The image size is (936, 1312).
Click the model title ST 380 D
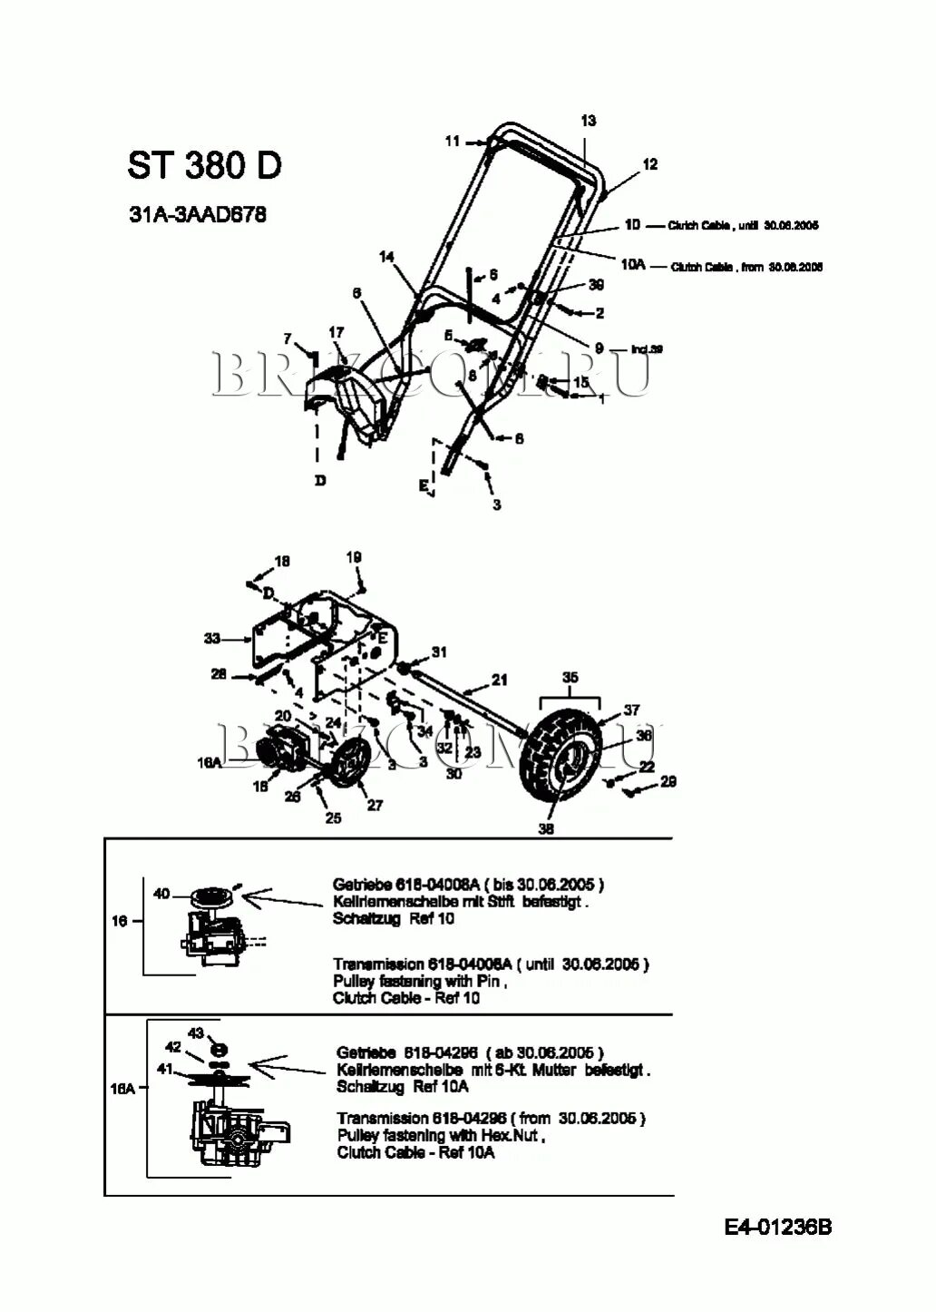(x=204, y=165)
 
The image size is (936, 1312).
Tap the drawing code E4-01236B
(x=777, y=1227)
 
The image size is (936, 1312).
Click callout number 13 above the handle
(x=588, y=121)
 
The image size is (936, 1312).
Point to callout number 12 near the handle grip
(x=649, y=164)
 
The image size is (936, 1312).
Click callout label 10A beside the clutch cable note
(x=633, y=264)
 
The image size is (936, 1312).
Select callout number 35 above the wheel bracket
(x=570, y=677)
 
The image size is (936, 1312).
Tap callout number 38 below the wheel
(x=546, y=828)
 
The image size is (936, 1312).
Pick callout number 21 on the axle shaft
(x=499, y=679)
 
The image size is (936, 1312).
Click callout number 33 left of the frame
(x=212, y=639)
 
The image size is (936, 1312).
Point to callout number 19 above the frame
(x=354, y=556)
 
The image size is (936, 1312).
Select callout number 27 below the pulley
(x=375, y=805)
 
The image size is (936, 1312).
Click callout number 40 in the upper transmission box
(x=161, y=894)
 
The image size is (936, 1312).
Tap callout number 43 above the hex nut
(x=195, y=1033)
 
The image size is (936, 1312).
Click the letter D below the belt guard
(x=320, y=480)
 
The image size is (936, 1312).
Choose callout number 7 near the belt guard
(x=288, y=338)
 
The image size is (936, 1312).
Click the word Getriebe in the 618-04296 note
(x=366, y=1053)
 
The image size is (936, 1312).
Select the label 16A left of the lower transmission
(x=122, y=1089)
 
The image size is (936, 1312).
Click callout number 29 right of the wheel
(x=668, y=781)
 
